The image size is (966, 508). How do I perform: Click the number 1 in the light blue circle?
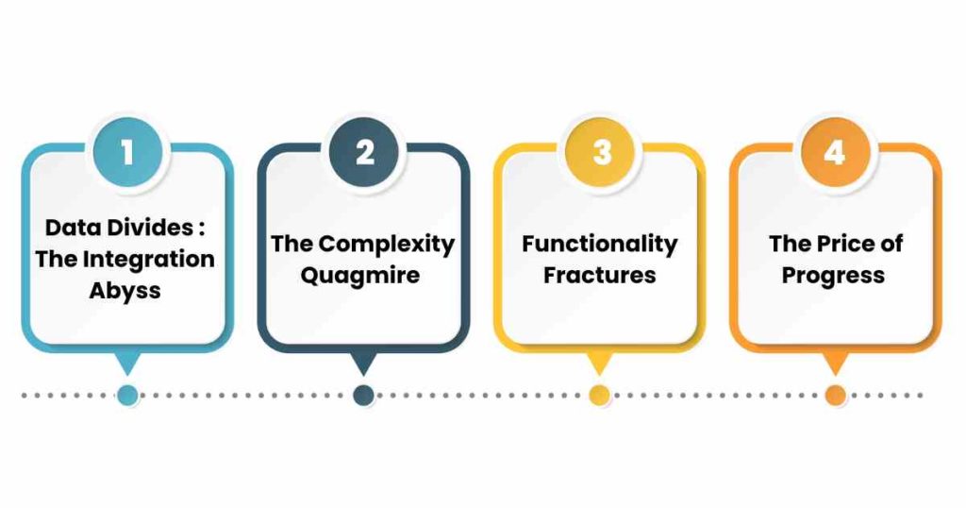point(127,152)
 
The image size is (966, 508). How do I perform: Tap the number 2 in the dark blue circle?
point(365,152)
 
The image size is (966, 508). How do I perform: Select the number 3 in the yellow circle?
point(601,152)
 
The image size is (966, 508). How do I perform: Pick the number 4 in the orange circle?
point(835,152)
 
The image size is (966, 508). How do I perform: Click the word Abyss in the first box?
point(125,291)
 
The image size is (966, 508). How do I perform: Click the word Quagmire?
point(360,276)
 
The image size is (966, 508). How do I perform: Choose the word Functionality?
point(599,245)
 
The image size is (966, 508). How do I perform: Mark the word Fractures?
point(599,275)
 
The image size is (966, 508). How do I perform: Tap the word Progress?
point(833,276)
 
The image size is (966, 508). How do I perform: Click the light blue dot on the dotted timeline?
point(127,396)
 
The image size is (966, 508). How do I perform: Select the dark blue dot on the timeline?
point(363,396)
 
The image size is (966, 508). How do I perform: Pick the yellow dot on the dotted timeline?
point(599,396)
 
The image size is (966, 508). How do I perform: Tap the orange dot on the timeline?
point(836,396)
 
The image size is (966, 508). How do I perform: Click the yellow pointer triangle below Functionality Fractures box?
point(599,362)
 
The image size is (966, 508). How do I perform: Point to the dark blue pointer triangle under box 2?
point(363,362)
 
